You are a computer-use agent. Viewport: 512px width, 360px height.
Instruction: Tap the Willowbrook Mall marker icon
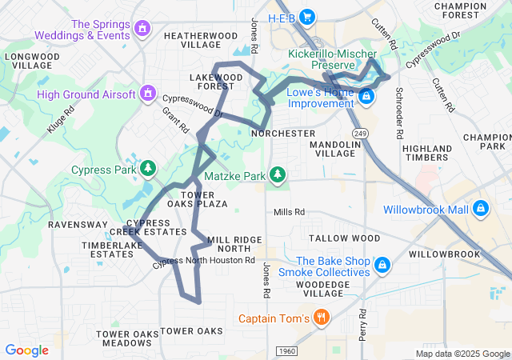(480, 209)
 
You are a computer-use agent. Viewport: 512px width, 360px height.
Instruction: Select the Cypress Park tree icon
(147, 169)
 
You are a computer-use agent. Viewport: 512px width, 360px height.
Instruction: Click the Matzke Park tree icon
(277, 174)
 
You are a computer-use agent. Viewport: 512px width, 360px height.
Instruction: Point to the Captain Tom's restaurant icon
(321, 318)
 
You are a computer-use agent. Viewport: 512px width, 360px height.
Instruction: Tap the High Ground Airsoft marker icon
(147, 94)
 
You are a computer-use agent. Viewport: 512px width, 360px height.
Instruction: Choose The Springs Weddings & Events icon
(142, 29)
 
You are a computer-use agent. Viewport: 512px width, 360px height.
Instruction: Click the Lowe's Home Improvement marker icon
(366, 97)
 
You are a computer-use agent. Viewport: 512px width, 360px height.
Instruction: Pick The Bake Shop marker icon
(382, 265)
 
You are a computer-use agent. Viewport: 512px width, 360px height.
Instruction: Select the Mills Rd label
(289, 212)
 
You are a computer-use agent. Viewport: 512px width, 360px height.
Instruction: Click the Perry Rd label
(362, 320)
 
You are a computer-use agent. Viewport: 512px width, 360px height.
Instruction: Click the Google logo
(26, 350)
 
